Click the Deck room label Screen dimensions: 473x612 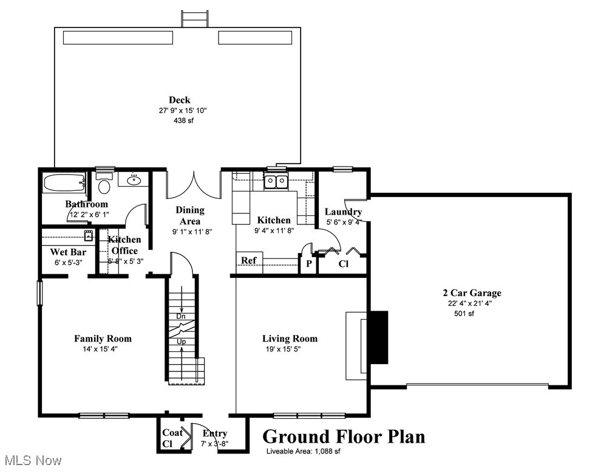[179, 100]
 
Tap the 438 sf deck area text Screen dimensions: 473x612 [183, 120]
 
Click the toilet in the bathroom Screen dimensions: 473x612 [104, 184]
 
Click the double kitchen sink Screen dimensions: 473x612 [276, 181]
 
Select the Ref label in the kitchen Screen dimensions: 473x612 [249, 260]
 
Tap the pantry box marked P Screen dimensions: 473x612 [308, 264]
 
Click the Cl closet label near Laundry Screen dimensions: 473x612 [343, 264]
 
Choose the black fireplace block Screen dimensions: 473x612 [379, 337]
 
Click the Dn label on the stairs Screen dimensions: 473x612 [181, 317]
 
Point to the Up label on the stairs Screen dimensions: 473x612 [181, 342]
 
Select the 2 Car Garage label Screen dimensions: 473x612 [472, 293]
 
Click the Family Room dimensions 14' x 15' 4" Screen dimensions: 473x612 [103, 350]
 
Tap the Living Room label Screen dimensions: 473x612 [290, 339]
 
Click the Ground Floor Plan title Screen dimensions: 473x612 [343, 437]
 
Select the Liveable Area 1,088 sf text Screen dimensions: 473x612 [303, 451]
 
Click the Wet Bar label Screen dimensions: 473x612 [68, 252]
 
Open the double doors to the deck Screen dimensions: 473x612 [193, 185]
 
